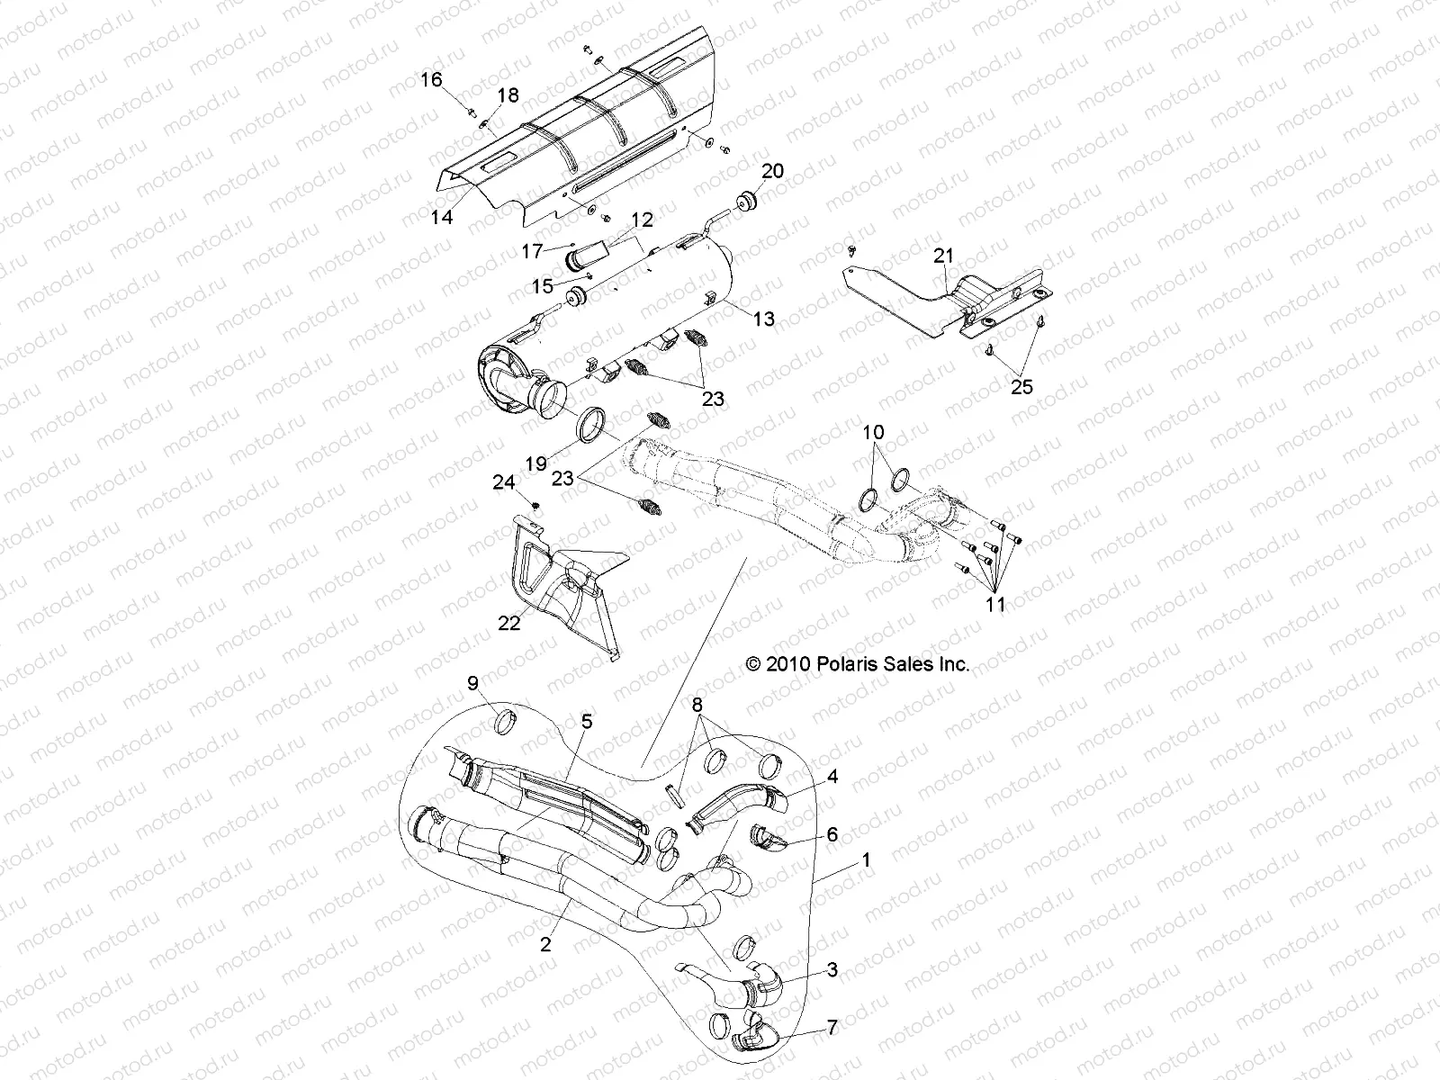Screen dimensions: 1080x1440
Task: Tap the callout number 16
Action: pos(431,80)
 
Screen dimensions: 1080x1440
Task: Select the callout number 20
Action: pos(773,171)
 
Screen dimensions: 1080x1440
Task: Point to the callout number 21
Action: pos(942,256)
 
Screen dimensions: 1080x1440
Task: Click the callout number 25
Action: pos(1021,387)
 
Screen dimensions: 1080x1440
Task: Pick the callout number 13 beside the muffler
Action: pos(763,319)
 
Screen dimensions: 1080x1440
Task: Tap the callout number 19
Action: pos(536,463)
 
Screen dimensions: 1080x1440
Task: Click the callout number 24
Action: pos(503,483)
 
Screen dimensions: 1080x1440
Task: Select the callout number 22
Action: pos(509,622)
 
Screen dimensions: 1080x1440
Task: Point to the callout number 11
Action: pos(994,604)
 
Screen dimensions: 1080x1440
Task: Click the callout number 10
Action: pos(874,433)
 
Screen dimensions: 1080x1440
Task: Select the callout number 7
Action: pos(832,1027)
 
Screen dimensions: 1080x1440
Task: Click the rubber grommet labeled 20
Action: pos(746,201)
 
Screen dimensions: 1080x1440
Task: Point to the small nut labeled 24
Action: pos(535,506)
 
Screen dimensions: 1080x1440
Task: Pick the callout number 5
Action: pos(587,721)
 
